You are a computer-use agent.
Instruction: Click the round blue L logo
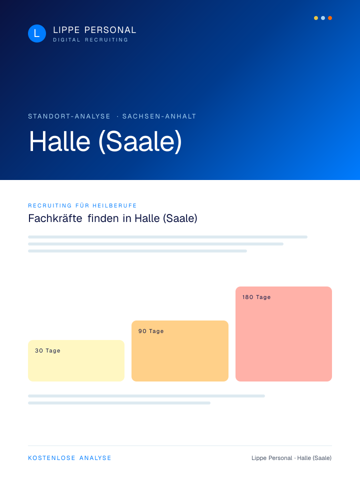pyautogui.click(x=37, y=33)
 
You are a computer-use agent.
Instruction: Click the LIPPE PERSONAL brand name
pyautogui.click(x=94, y=30)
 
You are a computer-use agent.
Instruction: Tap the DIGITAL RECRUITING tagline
pyautogui.click(x=90, y=40)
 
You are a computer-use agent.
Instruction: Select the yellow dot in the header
pyautogui.click(x=316, y=18)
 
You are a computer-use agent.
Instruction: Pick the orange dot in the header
pyautogui.click(x=330, y=18)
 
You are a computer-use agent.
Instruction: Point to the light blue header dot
pyautogui.click(x=323, y=18)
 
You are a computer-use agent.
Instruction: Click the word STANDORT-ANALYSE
pyautogui.click(x=69, y=116)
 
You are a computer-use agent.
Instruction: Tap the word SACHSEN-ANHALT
pyautogui.click(x=159, y=116)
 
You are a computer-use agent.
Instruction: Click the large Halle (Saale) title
pyautogui.click(x=105, y=141)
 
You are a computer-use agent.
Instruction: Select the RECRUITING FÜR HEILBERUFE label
pyautogui.click(x=82, y=205)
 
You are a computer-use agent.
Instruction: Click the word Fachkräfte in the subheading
pyautogui.click(x=55, y=218)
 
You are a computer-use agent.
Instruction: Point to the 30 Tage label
pyautogui.click(x=47, y=350)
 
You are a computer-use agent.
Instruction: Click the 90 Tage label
pyautogui.click(x=151, y=331)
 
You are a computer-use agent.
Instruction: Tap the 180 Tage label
pyautogui.click(x=256, y=297)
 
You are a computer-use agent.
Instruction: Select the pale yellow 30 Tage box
pyautogui.click(x=76, y=360)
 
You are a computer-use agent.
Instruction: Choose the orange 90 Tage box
pyautogui.click(x=180, y=351)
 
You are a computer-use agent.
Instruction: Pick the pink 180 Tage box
pyautogui.click(x=284, y=334)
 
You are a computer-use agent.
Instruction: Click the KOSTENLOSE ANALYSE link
pyautogui.click(x=70, y=458)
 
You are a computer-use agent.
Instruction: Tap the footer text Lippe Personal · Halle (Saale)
pyautogui.click(x=291, y=458)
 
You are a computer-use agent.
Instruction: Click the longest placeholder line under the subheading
pyautogui.click(x=168, y=237)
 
